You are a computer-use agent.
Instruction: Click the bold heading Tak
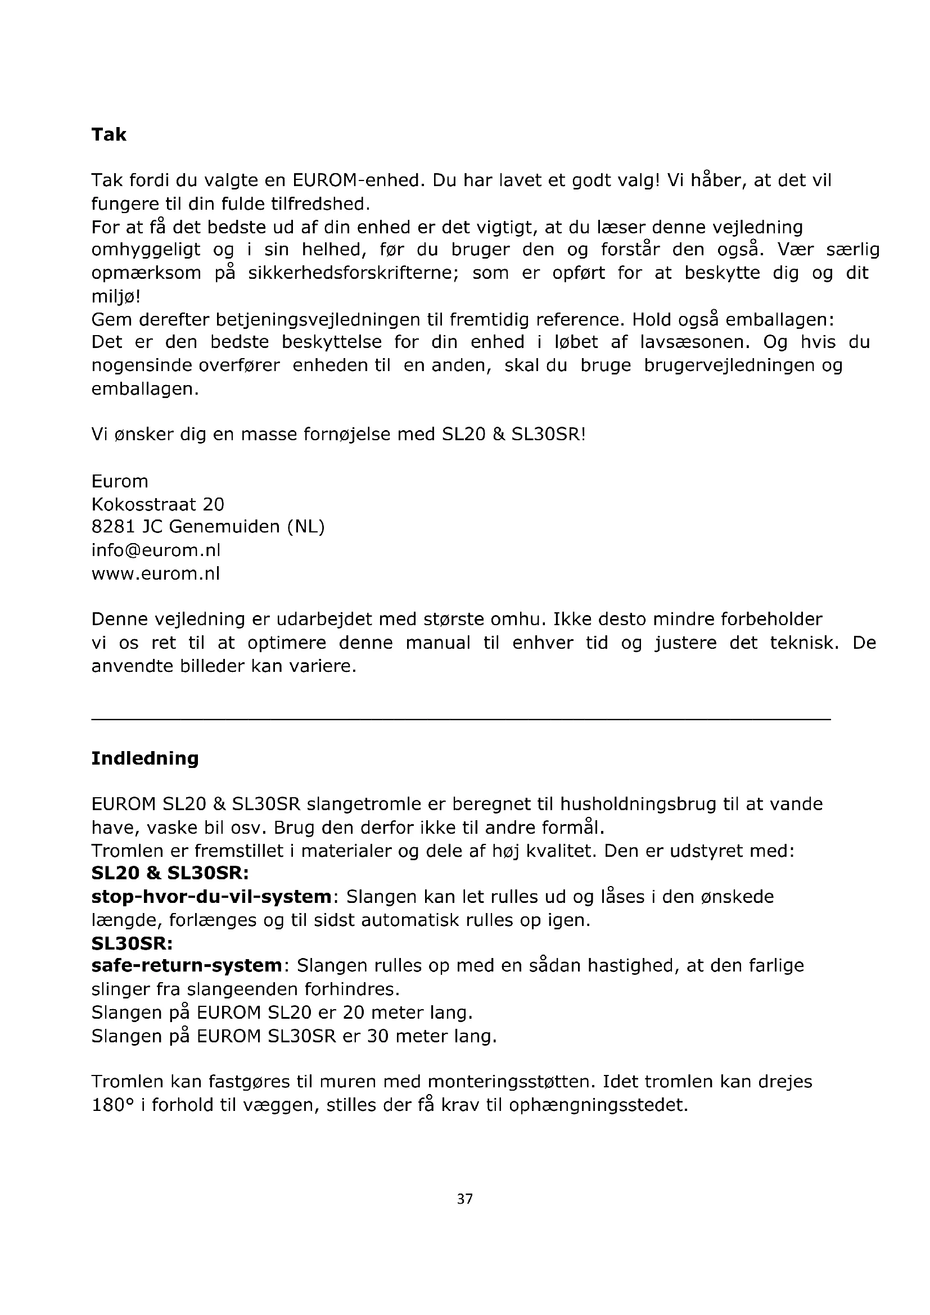tap(109, 134)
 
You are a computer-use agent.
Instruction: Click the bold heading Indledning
tap(145, 758)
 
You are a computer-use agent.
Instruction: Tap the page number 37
tap(464, 1199)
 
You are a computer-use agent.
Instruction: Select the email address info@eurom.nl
tap(156, 550)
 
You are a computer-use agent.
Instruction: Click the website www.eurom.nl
tap(156, 573)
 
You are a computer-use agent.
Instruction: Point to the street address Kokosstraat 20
tap(158, 504)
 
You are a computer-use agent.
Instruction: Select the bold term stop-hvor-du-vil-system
tap(211, 896)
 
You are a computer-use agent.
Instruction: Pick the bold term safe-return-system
tap(187, 966)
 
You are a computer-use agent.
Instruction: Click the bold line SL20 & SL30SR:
tap(170, 874)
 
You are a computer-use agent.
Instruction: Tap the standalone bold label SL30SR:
tap(132, 943)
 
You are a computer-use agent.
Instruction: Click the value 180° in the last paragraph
tap(112, 1105)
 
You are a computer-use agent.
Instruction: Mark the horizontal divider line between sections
tap(461, 720)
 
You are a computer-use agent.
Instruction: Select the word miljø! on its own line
tap(116, 297)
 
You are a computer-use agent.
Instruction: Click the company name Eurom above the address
tap(120, 481)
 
